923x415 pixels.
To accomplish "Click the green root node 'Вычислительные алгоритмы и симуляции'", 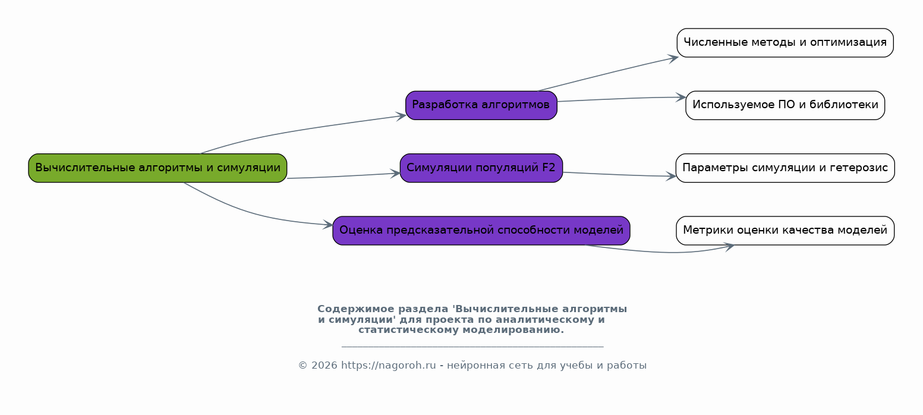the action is [x=157, y=168].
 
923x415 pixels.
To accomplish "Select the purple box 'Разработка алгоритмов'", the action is [x=481, y=105].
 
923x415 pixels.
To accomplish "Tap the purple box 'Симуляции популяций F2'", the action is [x=481, y=168].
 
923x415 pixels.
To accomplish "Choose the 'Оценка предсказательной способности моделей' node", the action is [x=481, y=231].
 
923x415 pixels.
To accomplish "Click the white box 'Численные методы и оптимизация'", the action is [x=785, y=43].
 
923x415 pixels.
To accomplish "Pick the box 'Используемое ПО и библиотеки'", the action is [x=785, y=105].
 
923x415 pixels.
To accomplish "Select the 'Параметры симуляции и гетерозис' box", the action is [x=785, y=168].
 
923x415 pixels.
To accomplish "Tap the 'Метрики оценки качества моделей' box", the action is [x=785, y=231].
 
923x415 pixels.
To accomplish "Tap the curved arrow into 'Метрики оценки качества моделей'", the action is [x=667, y=252].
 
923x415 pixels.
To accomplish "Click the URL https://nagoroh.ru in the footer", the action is [x=388, y=366].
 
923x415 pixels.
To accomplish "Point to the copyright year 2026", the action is [x=325, y=366].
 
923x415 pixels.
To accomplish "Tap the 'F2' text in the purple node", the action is [x=549, y=168].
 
